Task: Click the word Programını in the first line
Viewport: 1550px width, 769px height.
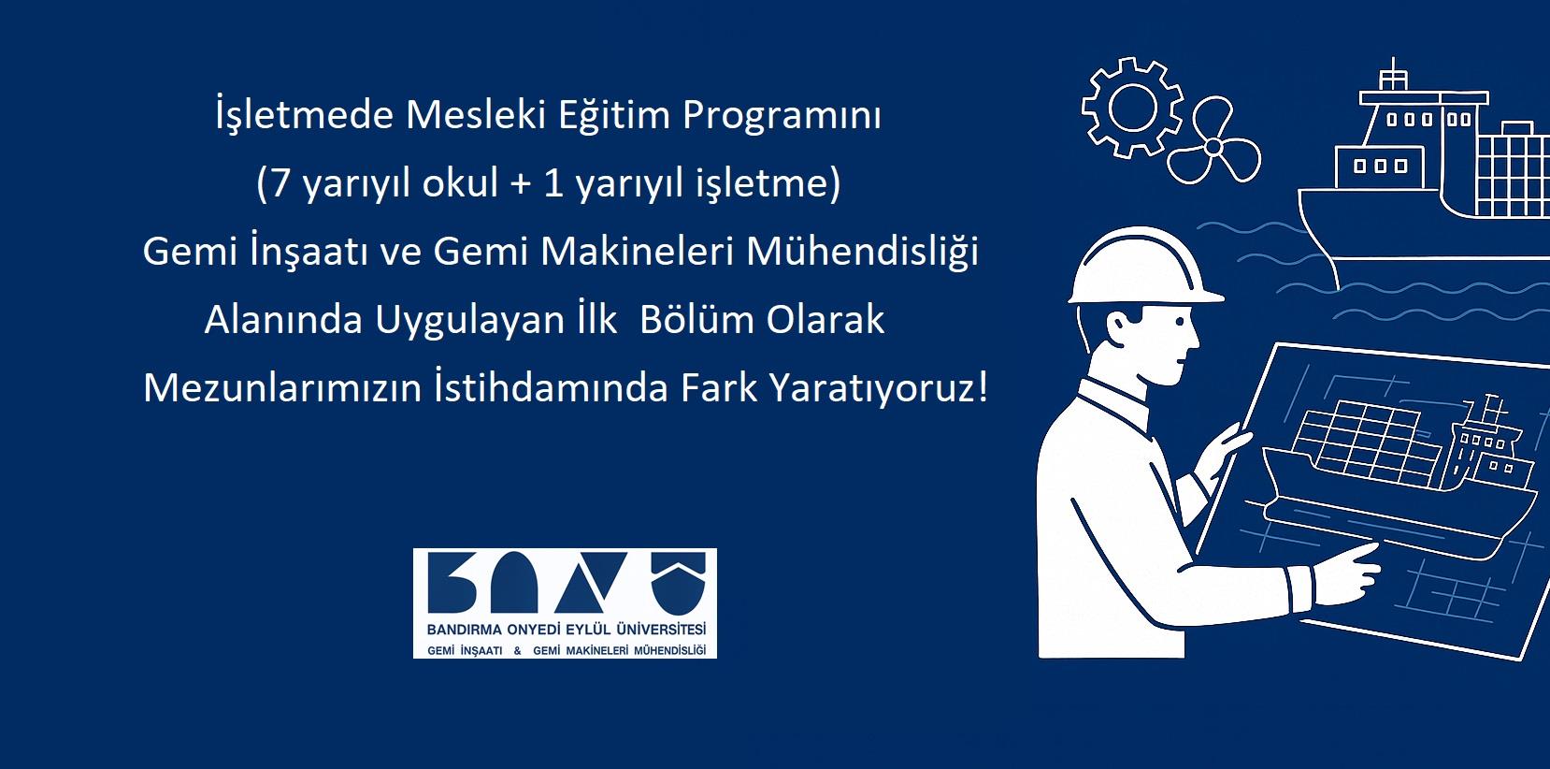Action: tap(782, 116)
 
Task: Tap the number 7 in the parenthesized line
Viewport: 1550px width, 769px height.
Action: tap(280, 183)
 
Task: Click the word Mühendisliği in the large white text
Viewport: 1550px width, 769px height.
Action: tap(862, 252)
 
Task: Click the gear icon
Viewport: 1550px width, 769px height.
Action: tap(1133, 108)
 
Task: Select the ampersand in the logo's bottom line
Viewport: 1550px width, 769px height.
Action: tap(518, 650)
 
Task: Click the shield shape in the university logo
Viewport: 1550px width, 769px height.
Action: tap(678, 584)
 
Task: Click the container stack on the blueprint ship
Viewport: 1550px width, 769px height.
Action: tap(1356, 441)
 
